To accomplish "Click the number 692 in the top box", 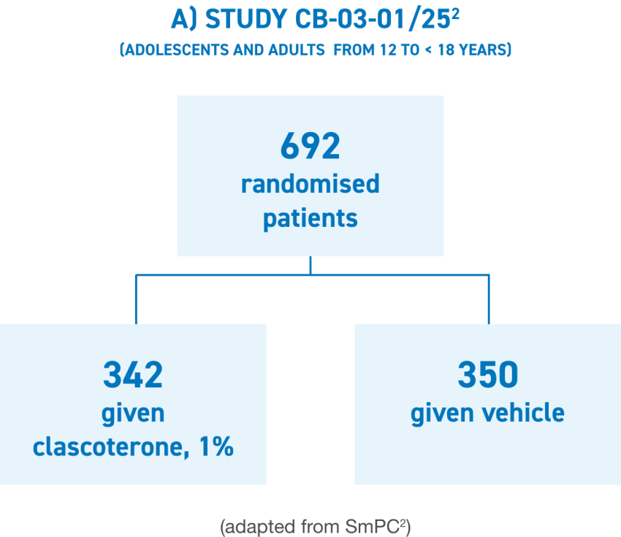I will pos(310,147).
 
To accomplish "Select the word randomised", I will pos(310,183).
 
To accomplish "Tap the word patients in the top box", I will pos(310,218).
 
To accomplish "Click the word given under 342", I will pos(132,413).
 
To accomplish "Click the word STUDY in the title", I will pos(243,20).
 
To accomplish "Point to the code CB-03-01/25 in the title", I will pos(369,20).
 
